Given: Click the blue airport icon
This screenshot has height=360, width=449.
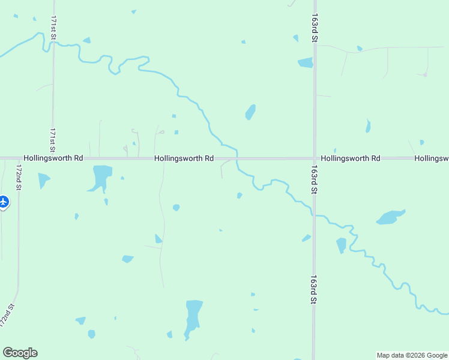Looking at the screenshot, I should coord(4,202).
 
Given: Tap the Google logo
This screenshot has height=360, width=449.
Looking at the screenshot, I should coord(20,353).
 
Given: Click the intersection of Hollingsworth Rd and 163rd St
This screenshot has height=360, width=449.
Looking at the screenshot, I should coord(314,158).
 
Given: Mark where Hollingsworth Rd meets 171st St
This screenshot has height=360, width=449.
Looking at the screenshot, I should coord(53,158).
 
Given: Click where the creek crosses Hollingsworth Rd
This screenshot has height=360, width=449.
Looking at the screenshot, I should coord(237,158).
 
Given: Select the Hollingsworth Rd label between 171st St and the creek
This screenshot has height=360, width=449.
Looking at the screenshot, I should coord(184,158).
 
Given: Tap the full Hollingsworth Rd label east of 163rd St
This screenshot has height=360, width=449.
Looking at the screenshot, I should coord(351,158).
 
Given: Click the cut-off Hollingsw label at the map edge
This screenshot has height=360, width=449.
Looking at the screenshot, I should coord(432,158).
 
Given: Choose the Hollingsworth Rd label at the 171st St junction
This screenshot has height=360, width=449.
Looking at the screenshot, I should coord(53,158).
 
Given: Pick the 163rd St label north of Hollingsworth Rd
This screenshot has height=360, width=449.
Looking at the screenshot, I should coord(314,28).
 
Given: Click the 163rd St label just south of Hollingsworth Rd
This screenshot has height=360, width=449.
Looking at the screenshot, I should coord(314,179).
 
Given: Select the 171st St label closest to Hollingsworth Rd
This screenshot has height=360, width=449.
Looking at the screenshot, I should coord(53,139).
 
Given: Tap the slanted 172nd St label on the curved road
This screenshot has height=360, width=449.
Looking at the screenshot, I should coord(7,316).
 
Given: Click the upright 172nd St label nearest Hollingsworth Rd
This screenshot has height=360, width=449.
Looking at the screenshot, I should coord(19,177).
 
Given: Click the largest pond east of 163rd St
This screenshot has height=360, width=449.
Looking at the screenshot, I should coord(390,217).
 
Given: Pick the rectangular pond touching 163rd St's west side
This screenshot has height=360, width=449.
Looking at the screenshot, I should coord(306,62).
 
